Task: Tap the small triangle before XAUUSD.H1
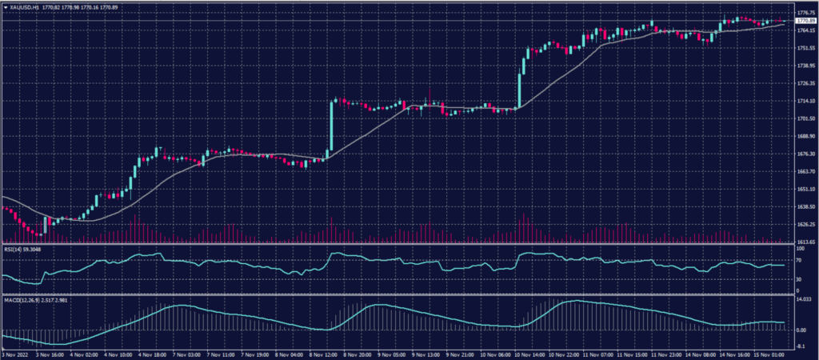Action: (6, 6)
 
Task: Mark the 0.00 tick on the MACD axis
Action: (798, 330)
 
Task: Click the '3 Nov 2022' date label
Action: (17, 353)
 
